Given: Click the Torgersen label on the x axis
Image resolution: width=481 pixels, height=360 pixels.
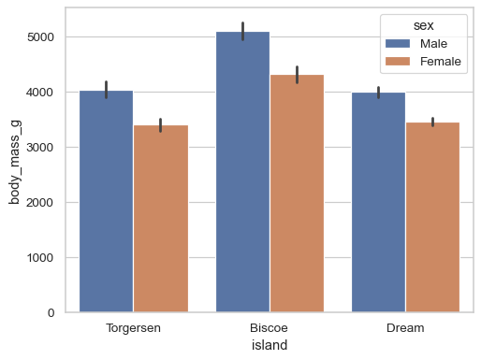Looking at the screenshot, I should pos(133,328).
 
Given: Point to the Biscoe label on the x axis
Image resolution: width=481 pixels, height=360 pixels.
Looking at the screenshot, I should pos(270,328).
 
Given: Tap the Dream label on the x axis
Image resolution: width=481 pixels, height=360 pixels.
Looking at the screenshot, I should pos(405,328).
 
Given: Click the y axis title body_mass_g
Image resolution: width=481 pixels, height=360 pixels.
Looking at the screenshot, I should pos(15,160).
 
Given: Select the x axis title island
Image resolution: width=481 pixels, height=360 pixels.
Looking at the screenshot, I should pos(270,345).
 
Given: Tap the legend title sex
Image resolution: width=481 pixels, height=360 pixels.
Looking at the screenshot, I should pos(423,25).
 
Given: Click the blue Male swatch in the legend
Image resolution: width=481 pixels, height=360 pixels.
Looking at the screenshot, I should pos(398,44).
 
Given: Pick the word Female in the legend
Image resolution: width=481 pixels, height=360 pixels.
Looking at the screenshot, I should pos(441,62).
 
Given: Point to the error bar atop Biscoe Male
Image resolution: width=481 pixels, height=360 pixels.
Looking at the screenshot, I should pos(242,31).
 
